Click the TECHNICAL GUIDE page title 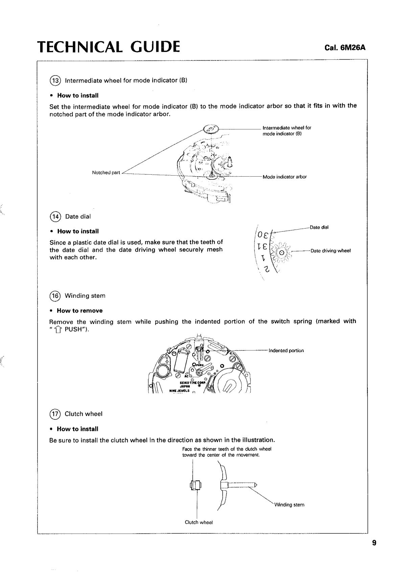coord(109,47)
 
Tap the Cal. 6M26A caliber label coord(345,48)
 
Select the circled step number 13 coord(54,80)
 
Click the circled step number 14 coord(54,216)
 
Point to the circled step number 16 coord(54,296)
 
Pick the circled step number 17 coord(54,414)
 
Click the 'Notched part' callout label coord(106,173)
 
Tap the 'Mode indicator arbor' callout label coord(285,177)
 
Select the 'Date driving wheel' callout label coord(331,251)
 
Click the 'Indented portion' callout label coord(286,350)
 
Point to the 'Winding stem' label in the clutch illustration coord(289,505)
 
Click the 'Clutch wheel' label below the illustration coord(199,522)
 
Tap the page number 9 coord(374,543)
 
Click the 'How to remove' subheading coord(80,311)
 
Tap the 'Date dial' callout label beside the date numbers coord(319,227)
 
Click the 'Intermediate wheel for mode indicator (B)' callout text coord(287,131)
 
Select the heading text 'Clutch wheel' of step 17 coord(84,414)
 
